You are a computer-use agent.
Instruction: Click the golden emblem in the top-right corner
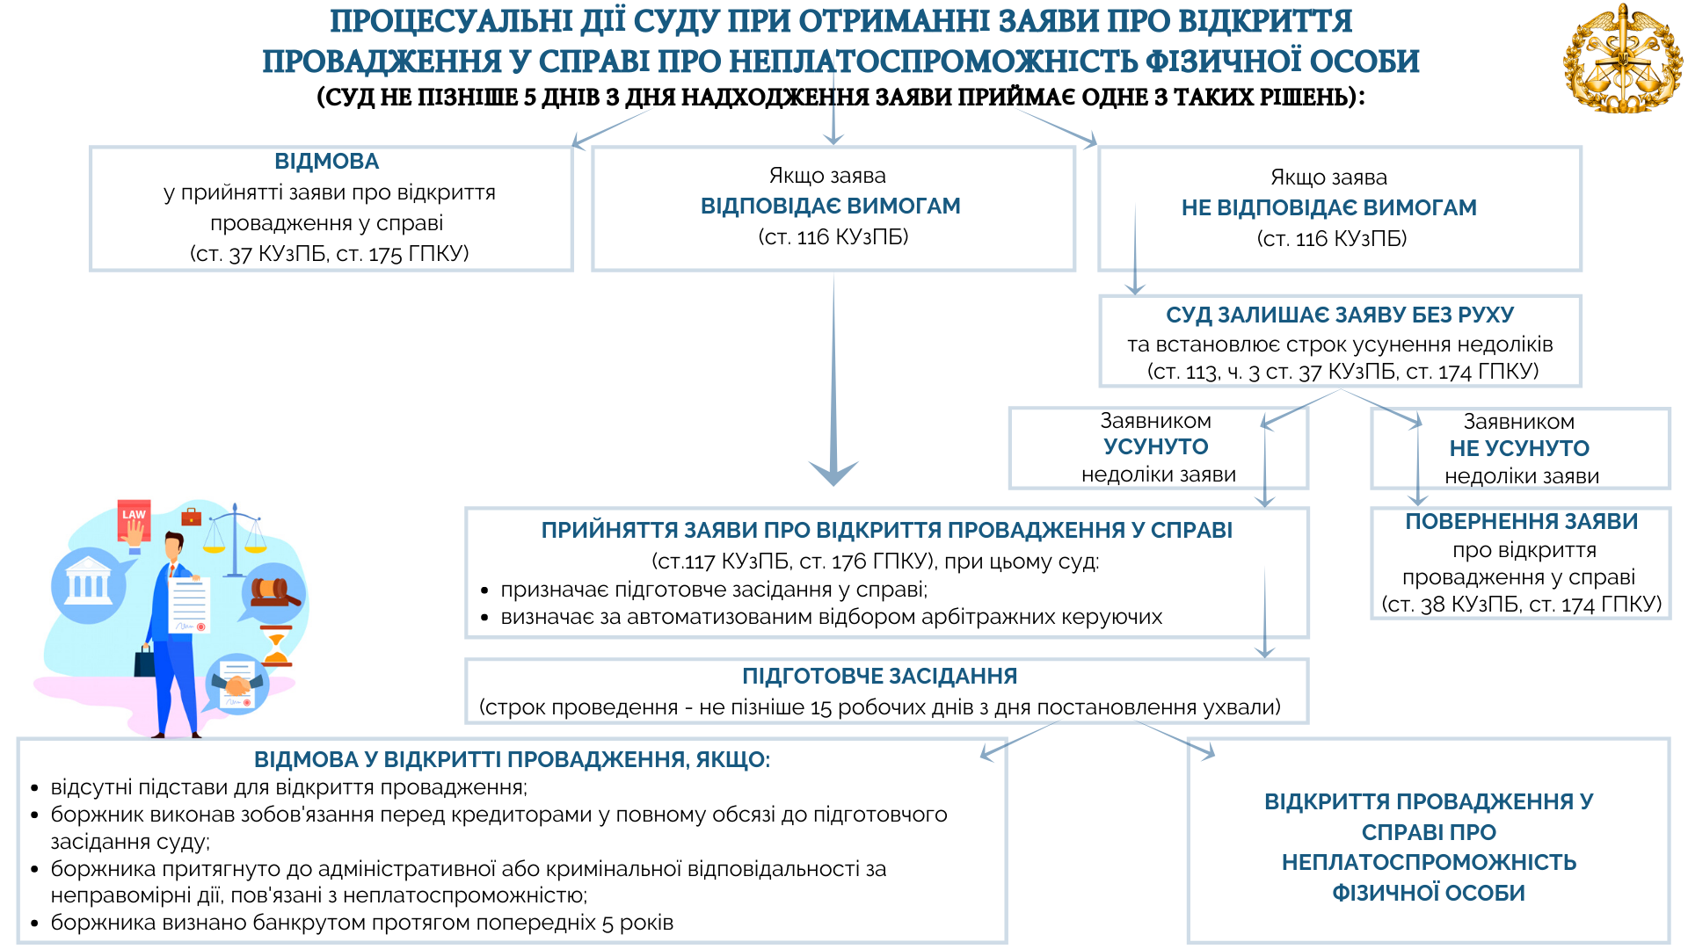tap(1622, 60)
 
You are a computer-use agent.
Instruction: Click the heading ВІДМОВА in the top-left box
tap(326, 162)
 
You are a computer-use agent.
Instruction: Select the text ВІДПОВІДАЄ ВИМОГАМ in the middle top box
tap(830, 206)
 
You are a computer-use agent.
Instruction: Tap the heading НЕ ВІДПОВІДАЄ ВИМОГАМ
tap(1328, 208)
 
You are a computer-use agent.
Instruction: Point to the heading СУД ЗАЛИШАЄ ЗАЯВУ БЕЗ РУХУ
tap(1339, 315)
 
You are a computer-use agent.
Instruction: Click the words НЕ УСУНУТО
tap(1518, 448)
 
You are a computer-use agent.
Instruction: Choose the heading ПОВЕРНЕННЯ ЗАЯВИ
tap(1521, 521)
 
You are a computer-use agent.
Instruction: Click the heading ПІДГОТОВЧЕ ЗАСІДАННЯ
tap(879, 676)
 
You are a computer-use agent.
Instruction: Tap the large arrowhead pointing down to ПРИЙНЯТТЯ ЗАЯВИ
tap(833, 472)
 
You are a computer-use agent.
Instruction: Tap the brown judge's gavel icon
tap(273, 592)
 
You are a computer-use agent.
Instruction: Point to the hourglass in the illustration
tap(276, 648)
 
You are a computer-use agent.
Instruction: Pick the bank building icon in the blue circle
tap(87, 584)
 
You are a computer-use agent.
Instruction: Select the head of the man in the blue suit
tap(174, 545)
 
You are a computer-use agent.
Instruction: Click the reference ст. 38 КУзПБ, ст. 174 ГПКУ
tap(1521, 605)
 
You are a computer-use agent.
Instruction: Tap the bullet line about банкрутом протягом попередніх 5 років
tap(361, 923)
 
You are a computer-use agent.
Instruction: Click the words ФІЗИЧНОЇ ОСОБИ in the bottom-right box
tap(1428, 893)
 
